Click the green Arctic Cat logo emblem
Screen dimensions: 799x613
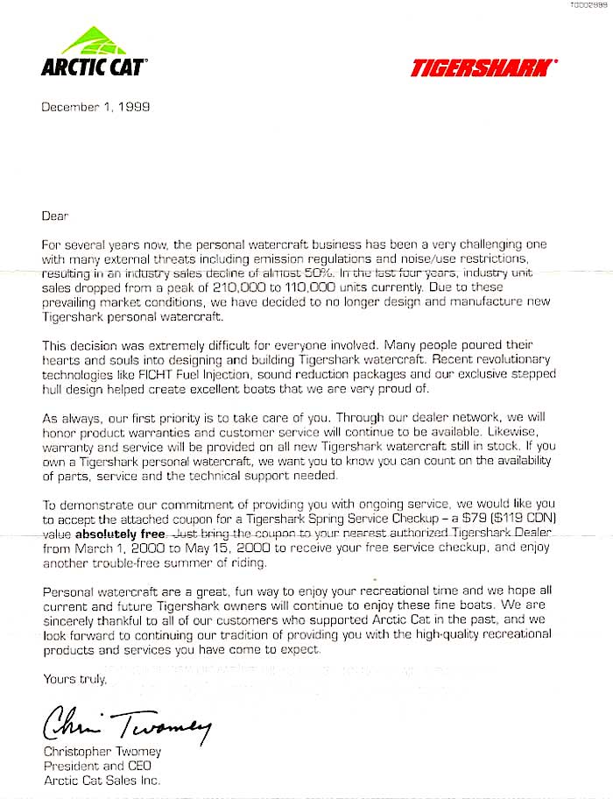94,40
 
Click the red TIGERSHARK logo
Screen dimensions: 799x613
483,68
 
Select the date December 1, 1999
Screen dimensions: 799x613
95,108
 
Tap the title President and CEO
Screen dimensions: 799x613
95,766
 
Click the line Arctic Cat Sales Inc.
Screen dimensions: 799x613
102,780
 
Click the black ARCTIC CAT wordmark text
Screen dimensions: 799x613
94,67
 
